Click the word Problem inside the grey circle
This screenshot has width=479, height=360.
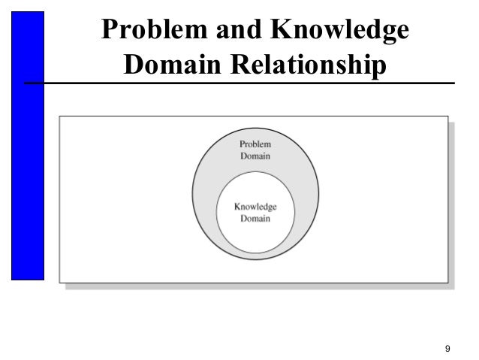255,144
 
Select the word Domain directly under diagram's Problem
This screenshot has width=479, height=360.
255,156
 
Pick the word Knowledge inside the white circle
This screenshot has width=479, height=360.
255,207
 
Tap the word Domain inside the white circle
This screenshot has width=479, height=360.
255,219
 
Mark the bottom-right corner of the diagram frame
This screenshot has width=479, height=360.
448,283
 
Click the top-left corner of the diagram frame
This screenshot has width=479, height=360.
61,118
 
